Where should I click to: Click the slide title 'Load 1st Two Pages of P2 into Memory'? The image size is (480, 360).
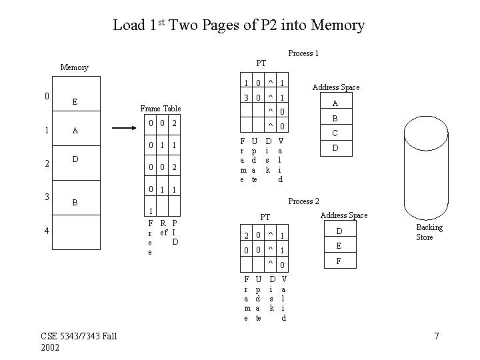(x=239, y=25)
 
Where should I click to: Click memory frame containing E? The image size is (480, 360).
(x=75, y=102)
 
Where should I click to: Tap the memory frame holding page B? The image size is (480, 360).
(x=75, y=201)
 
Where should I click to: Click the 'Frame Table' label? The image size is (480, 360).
(x=160, y=108)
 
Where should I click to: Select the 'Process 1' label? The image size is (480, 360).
(x=303, y=53)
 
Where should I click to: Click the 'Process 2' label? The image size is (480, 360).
(x=303, y=201)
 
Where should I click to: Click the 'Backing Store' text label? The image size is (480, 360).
(x=429, y=233)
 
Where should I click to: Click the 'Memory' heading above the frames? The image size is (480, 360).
(x=74, y=67)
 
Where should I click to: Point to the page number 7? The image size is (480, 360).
(x=436, y=335)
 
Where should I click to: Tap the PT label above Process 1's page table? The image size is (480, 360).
(x=261, y=63)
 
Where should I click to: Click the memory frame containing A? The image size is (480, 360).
(x=75, y=131)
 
